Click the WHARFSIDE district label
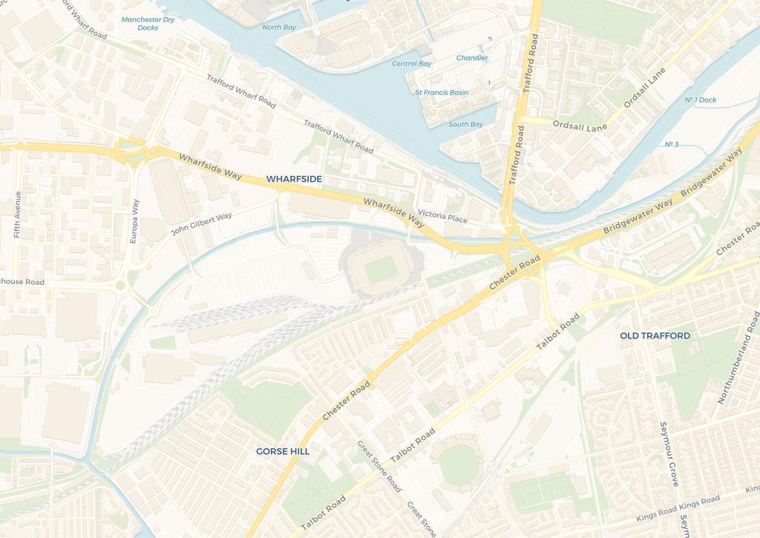pyautogui.click(x=294, y=180)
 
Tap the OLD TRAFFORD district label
pyautogui.click(x=655, y=336)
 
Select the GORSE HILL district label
pyautogui.click(x=283, y=451)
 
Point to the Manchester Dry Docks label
pyautogui.click(x=148, y=24)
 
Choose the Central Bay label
pyautogui.click(x=411, y=64)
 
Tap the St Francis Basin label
pyautogui.click(x=442, y=93)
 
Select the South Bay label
pyautogui.click(x=465, y=125)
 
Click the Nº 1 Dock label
pyautogui.click(x=700, y=100)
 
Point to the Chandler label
pyautogui.click(x=472, y=58)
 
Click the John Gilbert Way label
pyautogui.click(x=201, y=223)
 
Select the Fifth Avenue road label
pyautogui.click(x=17, y=214)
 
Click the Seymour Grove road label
pyautogui.click(x=669, y=454)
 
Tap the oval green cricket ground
pyautogui.click(x=461, y=466)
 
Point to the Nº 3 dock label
pyautogui.click(x=672, y=144)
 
